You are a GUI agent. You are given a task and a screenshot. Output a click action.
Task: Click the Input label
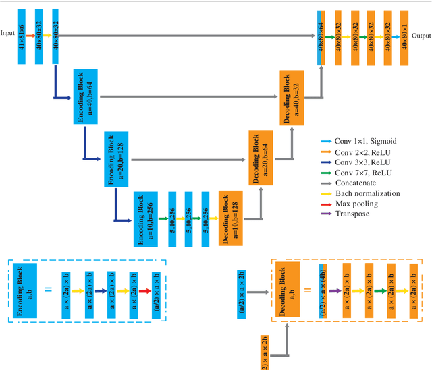(8, 32)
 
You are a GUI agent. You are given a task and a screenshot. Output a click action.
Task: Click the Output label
(421, 36)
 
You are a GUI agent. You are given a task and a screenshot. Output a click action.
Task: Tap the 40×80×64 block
(321, 38)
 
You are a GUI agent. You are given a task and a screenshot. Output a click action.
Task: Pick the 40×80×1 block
(404, 38)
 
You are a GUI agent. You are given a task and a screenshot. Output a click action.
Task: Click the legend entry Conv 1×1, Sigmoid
(360, 142)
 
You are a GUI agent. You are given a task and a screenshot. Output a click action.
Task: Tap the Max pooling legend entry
(356, 204)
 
